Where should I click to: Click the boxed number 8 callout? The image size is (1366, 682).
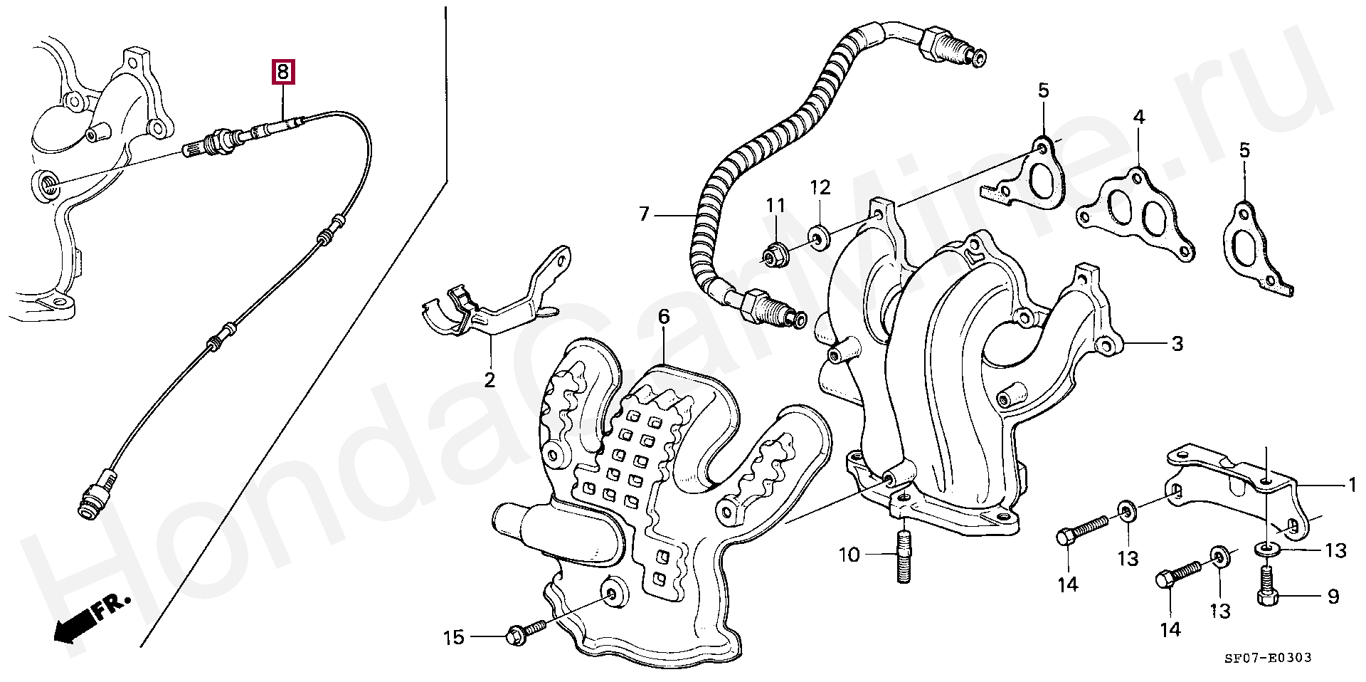click(x=282, y=72)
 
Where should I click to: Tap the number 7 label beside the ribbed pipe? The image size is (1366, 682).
click(x=645, y=214)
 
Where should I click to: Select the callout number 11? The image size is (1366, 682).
click(x=775, y=206)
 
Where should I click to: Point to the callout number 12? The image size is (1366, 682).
click(x=820, y=188)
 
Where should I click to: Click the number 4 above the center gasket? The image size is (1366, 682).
click(x=1139, y=117)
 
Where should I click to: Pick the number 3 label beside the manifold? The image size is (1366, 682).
click(x=1177, y=344)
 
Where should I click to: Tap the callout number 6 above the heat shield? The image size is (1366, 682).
click(x=664, y=318)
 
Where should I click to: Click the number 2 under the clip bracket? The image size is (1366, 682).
click(x=489, y=379)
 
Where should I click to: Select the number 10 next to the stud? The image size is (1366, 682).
click(x=849, y=555)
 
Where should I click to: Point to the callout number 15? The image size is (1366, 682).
click(x=454, y=637)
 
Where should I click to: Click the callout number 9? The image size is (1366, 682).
click(x=1333, y=597)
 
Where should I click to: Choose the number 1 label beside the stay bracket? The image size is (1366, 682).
click(x=1352, y=486)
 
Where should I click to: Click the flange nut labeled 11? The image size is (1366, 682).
click(x=773, y=253)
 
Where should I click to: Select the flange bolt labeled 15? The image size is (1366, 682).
click(x=525, y=631)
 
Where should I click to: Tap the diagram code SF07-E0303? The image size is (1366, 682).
click(x=1268, y=658)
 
